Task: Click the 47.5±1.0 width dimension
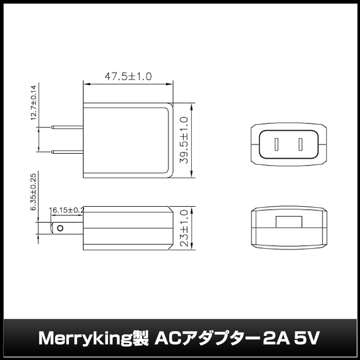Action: [128, 77]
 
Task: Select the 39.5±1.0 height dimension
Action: [184, 139]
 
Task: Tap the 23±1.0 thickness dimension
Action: [184, 228]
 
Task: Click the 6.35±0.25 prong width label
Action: [33, 191]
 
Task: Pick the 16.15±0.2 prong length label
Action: [67, 210]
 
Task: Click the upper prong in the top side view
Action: [67, 127]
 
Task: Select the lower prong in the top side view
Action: [67, 151]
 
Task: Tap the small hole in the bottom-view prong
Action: [61, 228]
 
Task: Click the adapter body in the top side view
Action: [128, 139]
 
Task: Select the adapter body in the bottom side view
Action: [128, 228]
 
